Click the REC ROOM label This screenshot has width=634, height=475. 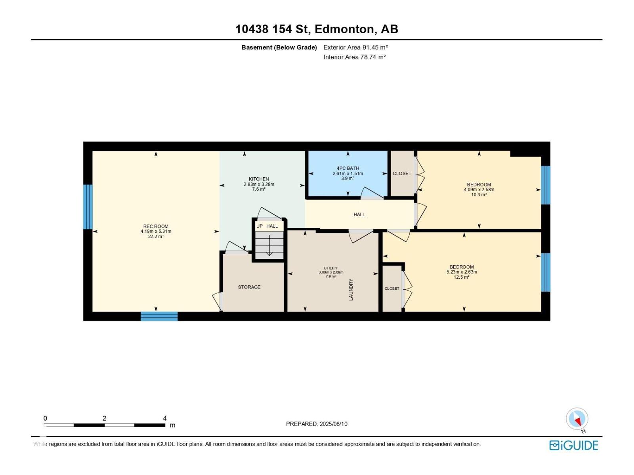tap(156, 226)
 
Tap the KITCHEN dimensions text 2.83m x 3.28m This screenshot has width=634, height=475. tap(259, 184)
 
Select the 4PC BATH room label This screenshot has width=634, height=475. tap(348, 168)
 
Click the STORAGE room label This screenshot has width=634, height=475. tap(249, 287)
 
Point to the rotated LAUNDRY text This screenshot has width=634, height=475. tap(351, 289)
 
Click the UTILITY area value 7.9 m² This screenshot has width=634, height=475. tap(331, 276)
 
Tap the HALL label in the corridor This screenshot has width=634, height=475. tap(359, 215)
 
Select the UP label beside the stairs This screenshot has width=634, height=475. tap(260, 226)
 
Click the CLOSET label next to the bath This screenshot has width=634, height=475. tap(402, 173)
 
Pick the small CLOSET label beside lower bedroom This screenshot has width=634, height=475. tap(392, 289)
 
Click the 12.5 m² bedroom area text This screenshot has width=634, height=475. tap(462, 277)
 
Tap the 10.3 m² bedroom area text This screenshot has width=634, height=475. tap(479, 195)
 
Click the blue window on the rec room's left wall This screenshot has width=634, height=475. tap(88, 207)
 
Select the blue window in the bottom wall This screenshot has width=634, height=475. tap(159, 316)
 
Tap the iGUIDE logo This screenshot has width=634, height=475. tap(573, 445)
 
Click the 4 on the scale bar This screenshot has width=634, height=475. tap(165, 418)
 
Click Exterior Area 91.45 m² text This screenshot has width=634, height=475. tap(355, 47)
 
